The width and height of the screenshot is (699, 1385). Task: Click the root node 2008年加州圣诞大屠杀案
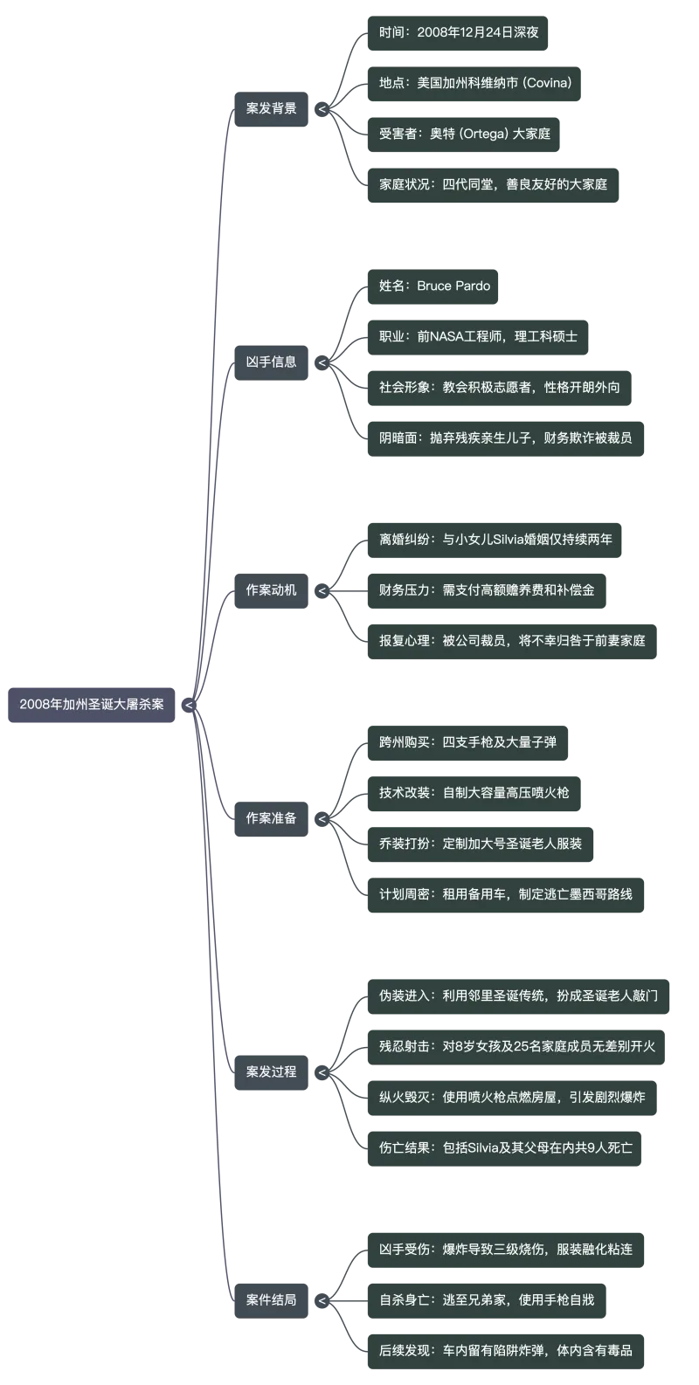[92, 704]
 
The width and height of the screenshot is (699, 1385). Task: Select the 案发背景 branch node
[271, 109]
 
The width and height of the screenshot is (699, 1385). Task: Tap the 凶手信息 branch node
[271, 362]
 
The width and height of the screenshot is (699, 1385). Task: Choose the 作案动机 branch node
[271, 590]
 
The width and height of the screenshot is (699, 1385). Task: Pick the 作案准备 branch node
[271, 818]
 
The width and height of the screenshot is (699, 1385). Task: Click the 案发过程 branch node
[271, 1071]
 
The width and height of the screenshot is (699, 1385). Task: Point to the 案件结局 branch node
[271, 1299]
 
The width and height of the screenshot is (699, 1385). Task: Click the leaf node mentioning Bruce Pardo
[434, 286]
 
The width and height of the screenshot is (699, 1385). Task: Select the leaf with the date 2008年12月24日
[459, 33]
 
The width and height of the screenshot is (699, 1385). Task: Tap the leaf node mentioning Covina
[475, 84]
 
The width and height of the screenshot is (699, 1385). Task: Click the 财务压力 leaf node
[486, 590]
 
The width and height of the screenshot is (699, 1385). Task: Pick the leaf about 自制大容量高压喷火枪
[474, 793]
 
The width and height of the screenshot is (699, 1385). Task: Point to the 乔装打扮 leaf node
[480, 844]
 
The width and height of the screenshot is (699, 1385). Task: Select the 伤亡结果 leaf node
[504, 1147]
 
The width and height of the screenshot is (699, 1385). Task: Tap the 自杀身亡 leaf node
[486, 1299]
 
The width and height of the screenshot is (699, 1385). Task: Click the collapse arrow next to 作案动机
[322, 591]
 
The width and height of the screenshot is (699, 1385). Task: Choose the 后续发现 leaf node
[504, 1350]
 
